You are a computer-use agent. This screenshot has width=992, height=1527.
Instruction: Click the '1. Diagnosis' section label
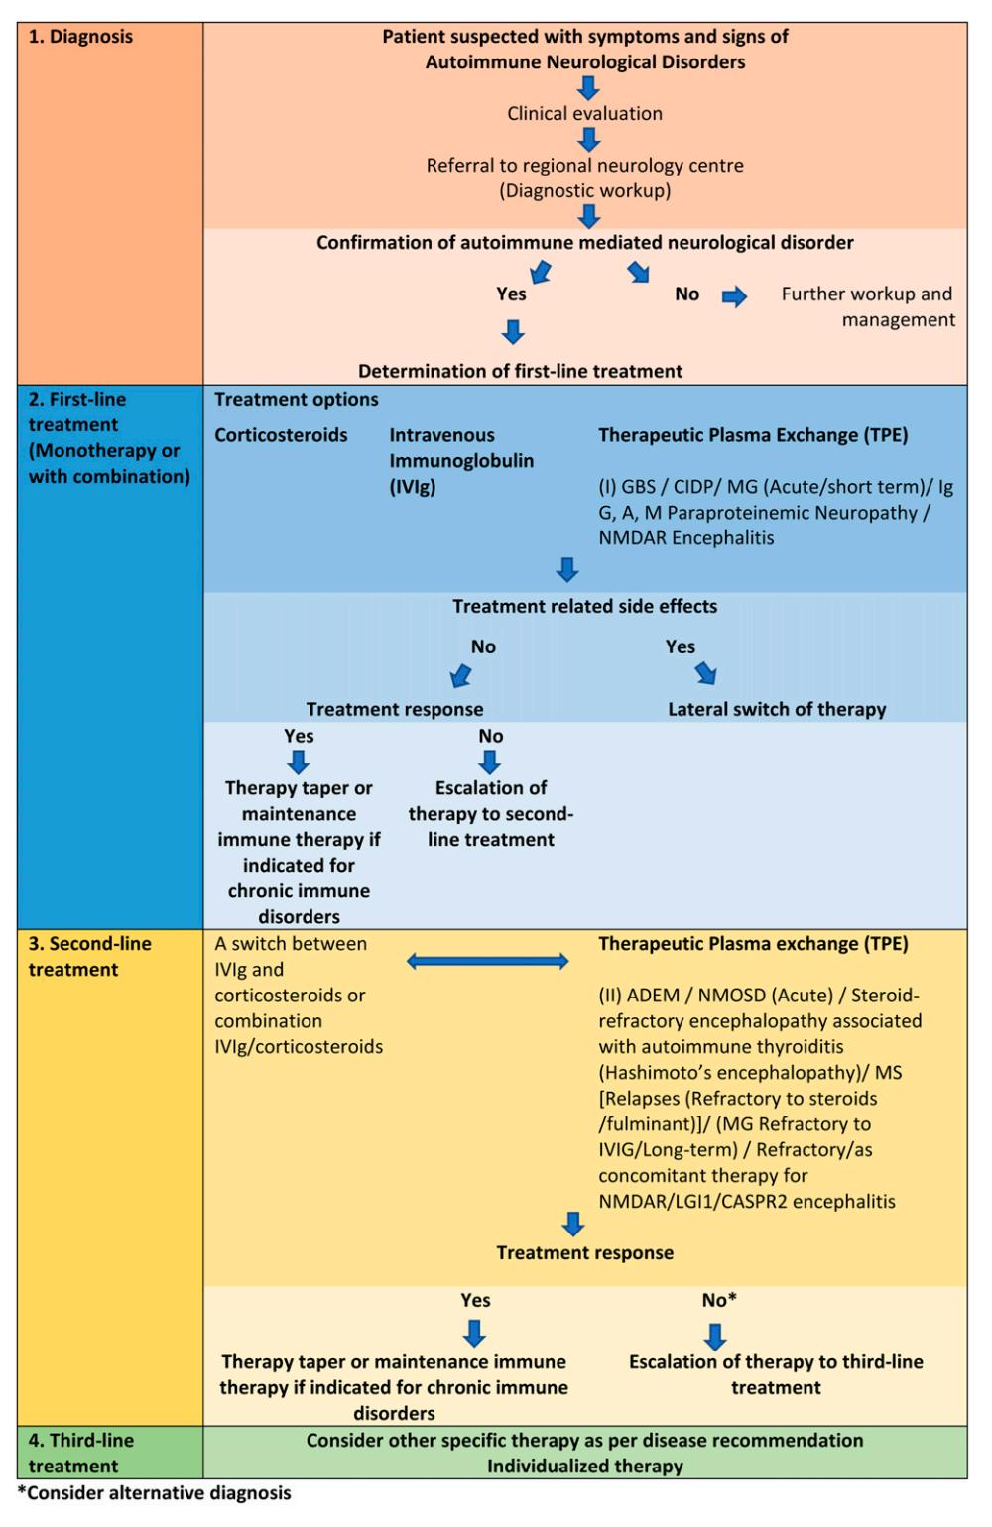pyautogui.click(x=80, y=36)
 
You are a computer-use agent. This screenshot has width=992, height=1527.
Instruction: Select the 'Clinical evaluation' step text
pyautogui.click(x=584, y=113)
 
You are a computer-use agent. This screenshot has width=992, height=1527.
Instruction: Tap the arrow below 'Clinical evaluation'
pyautogui.click(x=588, y=140)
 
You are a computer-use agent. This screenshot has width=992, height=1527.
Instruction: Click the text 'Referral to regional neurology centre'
pyautogui.click(x=584, y=165)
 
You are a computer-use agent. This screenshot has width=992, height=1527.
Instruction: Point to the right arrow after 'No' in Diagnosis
pyautogui.click(x=734, y=295)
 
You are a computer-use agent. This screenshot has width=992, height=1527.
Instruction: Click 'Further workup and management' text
pyautogui.click(x=867, y=306)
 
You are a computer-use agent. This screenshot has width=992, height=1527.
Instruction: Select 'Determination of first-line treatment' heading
pyautogui.click(x=520, y=371)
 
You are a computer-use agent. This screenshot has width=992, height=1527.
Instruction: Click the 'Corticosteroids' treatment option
pyautogui.click(x=281, y=435)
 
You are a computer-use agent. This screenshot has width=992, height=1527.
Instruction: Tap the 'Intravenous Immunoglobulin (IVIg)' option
pyautogui.click(x=461, y=461)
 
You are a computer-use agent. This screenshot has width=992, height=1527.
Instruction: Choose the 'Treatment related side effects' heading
pyautogui.click(x=585, y=606)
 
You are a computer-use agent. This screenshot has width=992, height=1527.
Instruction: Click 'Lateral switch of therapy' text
pyautogui.click(x=777, y=709)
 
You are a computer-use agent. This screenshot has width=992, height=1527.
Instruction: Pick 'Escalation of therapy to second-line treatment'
pyautogui.click(x=491, y=813)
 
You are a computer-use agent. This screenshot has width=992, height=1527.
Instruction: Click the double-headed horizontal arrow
pyautogui.click(x=487, y=961)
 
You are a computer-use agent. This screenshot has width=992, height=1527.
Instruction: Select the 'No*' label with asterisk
pyautogui.click(x=719, y=1300)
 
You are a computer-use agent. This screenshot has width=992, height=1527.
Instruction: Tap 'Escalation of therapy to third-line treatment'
pyautogui.click(x=776, y=1375)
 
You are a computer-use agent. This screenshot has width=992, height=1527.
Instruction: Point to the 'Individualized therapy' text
pyautogui.click(x=585, y=1466)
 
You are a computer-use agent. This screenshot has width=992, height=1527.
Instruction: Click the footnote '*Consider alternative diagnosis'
pyautogui.click(x=154, y=1493)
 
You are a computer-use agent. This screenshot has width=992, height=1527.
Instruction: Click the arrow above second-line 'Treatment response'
pyautogui.click(x=572, y=1224)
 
